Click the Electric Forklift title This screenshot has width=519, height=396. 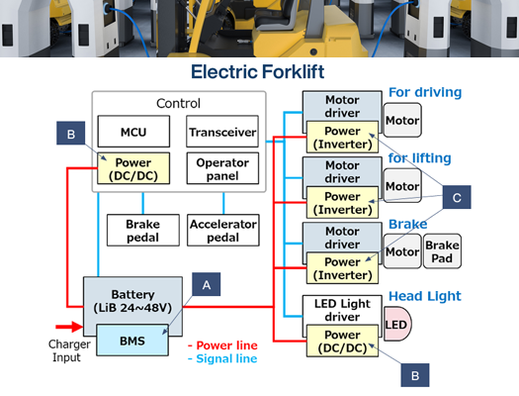[259, 72]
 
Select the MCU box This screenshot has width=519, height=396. [132, 131]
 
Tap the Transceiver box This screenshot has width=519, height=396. [221, 131]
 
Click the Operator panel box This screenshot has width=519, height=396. [221, 168]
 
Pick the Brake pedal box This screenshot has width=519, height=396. [141, 231]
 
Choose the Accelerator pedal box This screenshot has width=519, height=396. [222, 231]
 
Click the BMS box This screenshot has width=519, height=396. [132, 340]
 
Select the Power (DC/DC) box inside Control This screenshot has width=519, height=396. [132, 169]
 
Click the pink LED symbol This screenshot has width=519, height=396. [398, 326]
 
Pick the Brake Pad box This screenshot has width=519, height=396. [441, 251]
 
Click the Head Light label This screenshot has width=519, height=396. [425, 296]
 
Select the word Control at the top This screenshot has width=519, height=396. [178, 103]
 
